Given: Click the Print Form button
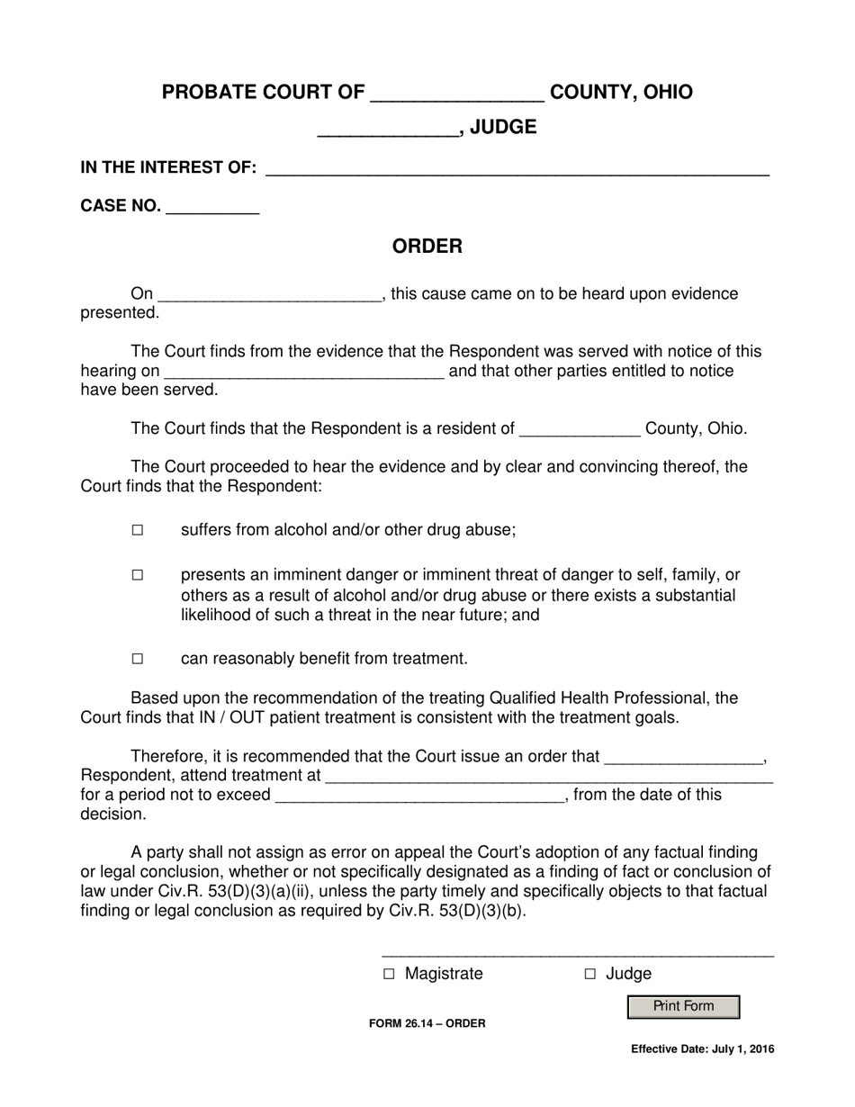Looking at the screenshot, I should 683,1006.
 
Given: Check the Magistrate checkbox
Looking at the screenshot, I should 389,974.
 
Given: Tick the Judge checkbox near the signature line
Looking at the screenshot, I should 590,974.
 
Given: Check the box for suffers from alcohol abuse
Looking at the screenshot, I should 138,530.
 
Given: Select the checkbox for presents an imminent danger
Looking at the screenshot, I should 138,575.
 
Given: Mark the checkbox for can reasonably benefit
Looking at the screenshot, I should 138,659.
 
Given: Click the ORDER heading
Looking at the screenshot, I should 427,247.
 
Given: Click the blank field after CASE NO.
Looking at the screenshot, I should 213,208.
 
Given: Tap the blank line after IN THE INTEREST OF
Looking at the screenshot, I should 517,168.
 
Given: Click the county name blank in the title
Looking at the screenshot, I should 457,94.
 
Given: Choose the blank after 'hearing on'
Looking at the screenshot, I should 304,373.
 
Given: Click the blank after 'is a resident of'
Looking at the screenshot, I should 580,430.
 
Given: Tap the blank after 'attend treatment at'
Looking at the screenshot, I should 548,777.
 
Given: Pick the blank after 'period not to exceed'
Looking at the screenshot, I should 418,796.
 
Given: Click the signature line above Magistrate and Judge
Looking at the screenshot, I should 577,954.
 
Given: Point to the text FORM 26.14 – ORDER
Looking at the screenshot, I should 427,1023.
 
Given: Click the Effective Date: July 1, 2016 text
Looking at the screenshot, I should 702,1048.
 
